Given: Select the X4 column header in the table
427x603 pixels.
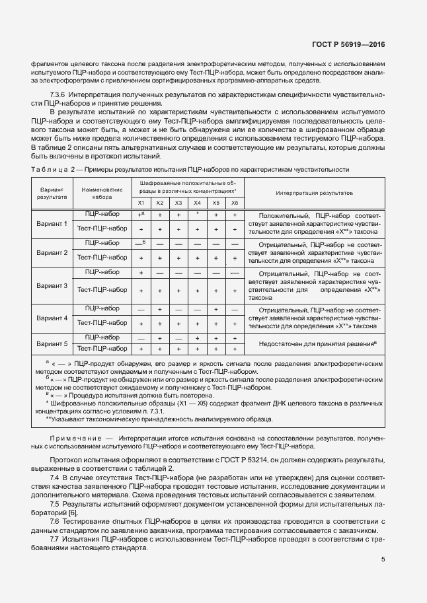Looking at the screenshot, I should click(197, 203).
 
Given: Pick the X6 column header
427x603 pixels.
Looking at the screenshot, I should click(234, 203).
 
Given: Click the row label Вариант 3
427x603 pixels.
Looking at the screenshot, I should click(52, 286).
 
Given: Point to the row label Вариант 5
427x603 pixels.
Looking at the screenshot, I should click(52, 343).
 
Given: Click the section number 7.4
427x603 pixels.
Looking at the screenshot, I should click(55, 477).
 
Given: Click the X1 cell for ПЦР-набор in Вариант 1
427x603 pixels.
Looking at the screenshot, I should click(141, 215).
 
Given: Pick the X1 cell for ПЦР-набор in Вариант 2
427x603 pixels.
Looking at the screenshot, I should click(141, 243).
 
